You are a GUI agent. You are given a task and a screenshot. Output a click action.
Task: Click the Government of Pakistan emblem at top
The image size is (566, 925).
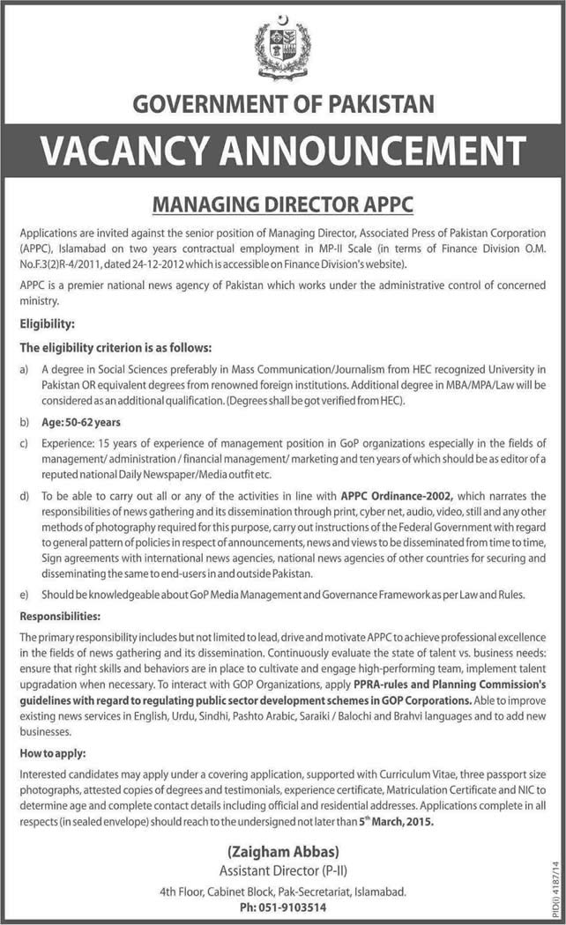tap(283, 50)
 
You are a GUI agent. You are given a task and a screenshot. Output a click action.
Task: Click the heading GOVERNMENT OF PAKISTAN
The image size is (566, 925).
tap(283, 105)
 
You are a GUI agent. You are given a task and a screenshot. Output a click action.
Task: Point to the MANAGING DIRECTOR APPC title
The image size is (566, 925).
tap(283, 205)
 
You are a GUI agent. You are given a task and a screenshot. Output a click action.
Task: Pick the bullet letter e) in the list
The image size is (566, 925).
tap(26, 595)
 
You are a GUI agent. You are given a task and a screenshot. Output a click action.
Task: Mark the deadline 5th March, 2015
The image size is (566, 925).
tap(397, 822)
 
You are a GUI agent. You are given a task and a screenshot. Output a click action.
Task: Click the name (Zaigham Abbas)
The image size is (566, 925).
tap(283, 852)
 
